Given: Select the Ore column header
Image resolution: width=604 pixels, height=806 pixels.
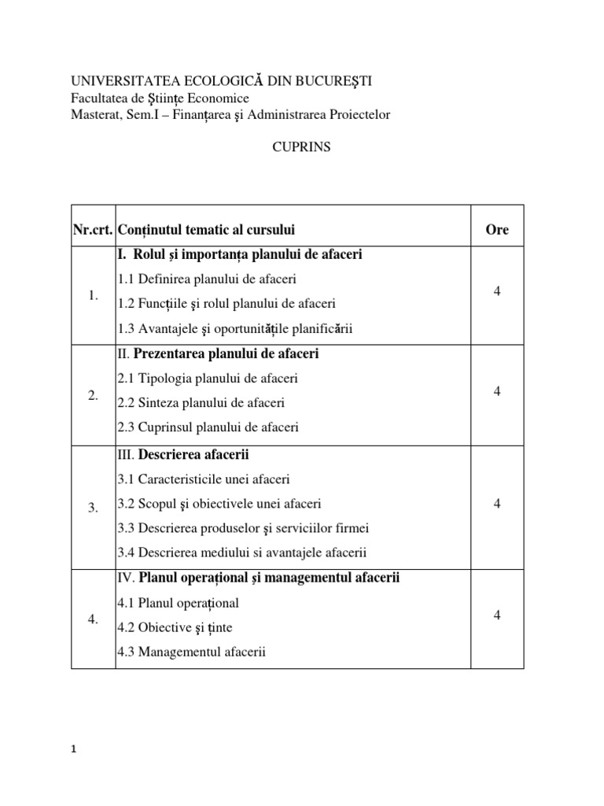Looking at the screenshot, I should tap(497, 230).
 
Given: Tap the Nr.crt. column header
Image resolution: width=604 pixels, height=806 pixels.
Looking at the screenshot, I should tap(92, 230).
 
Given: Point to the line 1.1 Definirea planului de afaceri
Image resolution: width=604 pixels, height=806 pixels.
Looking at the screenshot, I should tap(207, 279).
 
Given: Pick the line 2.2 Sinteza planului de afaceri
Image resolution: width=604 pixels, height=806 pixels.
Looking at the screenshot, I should tap(201, 403).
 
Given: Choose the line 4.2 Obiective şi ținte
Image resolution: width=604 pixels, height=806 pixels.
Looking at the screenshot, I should tap(175, 627).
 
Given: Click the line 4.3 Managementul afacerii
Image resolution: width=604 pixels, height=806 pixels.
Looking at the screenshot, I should tap(192, 652).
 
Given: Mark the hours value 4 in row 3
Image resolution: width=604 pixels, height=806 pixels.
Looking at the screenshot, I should tap(497, 504).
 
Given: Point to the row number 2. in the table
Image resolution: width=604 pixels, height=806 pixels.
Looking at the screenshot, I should tap(93, 396).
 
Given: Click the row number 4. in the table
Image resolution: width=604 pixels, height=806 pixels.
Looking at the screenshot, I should tap(93, 619).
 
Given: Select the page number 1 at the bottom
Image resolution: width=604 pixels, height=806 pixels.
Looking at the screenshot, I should tap(74, 750).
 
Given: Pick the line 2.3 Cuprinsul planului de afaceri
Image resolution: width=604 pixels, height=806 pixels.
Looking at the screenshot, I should tap(208, 427).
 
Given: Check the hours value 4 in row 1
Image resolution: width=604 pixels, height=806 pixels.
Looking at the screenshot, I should tap(497, 292).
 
